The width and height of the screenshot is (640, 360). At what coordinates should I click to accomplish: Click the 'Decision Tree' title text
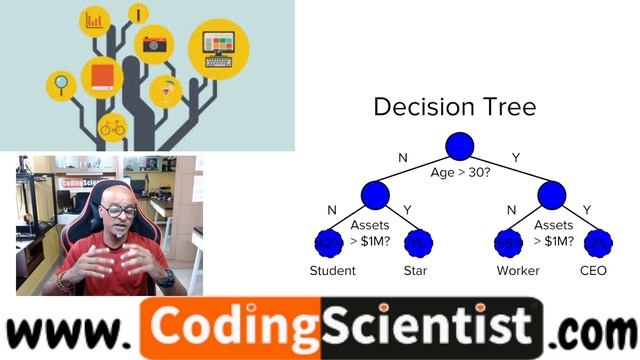[455, 107]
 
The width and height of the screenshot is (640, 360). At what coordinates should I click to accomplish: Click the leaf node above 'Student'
[328, 241]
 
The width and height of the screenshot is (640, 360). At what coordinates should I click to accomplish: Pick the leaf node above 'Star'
[419, 241]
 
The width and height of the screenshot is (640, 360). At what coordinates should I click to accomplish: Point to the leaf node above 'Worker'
[509, 241]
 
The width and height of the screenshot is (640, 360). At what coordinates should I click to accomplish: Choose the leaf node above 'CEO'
[597, 241]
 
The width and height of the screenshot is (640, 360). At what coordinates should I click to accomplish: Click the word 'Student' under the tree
[333, 270]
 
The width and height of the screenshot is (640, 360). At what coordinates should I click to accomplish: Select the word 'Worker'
[518, 270]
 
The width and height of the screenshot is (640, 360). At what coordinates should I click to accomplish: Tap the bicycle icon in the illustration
[112, 126]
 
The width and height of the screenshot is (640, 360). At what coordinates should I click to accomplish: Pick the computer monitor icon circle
[219, 44]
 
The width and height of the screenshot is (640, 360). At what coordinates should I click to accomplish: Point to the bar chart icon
[96, 20]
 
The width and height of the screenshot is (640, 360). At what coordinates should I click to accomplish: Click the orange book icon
[102, 75]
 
